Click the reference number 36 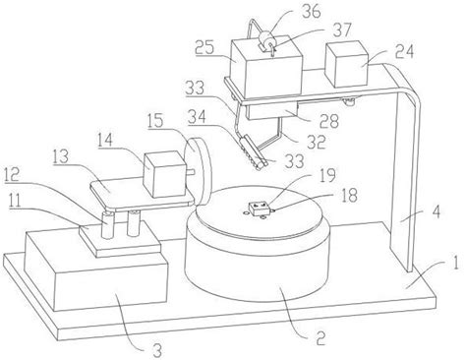coord(310,12)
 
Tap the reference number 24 coord(403,51)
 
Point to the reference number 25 coord(204,48)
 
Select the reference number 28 coord(329,122)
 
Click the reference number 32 coord(316,142)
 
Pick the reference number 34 coord(198,117)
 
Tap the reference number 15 coord(154,121)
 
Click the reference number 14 coord(104,141)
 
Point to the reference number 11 coord(15,200)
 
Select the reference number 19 coord(328,176)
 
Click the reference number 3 coord(157,351)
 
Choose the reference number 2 coord(320,337)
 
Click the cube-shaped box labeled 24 coord(347,64)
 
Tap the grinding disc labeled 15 coord(198,172)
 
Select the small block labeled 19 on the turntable coord(260,209)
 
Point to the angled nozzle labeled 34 coord(253,152)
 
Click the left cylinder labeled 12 coord(107,224)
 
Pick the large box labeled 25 coord(266,68)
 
